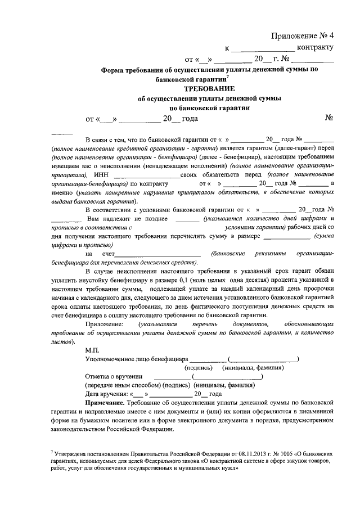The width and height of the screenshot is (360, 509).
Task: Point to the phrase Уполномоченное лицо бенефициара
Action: click(136, 359)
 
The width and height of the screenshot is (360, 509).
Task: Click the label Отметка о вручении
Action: click(113, 377)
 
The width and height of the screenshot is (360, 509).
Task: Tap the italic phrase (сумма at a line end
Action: click(324, 237)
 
